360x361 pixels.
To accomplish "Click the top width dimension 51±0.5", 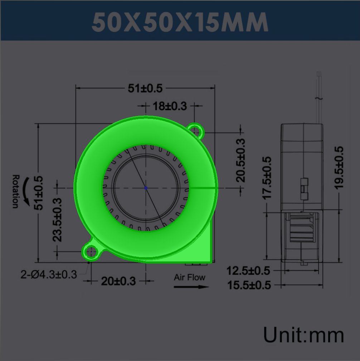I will [145, 88].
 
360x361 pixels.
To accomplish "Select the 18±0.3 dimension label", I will [170, 106].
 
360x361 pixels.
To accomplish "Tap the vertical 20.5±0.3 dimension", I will [240, 160].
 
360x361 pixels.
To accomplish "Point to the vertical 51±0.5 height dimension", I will [38, 193].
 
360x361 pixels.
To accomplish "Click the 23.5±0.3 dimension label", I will [57, 220].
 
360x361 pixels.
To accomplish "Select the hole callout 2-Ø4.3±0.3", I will [49, 275].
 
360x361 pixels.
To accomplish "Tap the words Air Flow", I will [190, 277].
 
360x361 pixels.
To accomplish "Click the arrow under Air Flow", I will [191, 287].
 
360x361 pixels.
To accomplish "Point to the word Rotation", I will [15, 191].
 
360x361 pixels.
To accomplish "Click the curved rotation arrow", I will [26, 192].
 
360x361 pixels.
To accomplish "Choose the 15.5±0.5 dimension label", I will [249, 285].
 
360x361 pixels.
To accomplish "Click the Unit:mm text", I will [303, 335].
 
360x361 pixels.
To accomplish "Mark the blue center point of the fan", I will [146, 188].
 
